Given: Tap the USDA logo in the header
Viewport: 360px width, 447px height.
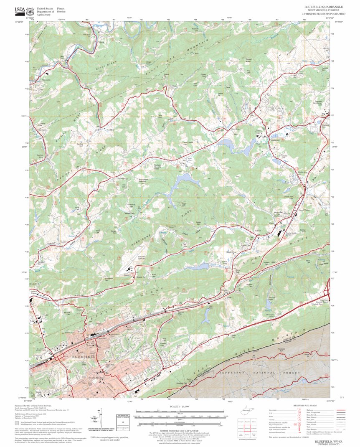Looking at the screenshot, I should (19, 10).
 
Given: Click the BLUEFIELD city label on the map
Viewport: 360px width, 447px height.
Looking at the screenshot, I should (84, 358).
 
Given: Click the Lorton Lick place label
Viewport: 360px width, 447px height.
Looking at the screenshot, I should (40, 156).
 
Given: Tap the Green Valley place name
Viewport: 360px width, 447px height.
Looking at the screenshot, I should (304, 210).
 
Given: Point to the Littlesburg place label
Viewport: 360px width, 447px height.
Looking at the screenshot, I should (121, 178).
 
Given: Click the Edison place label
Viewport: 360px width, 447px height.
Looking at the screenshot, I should (258, 230).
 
